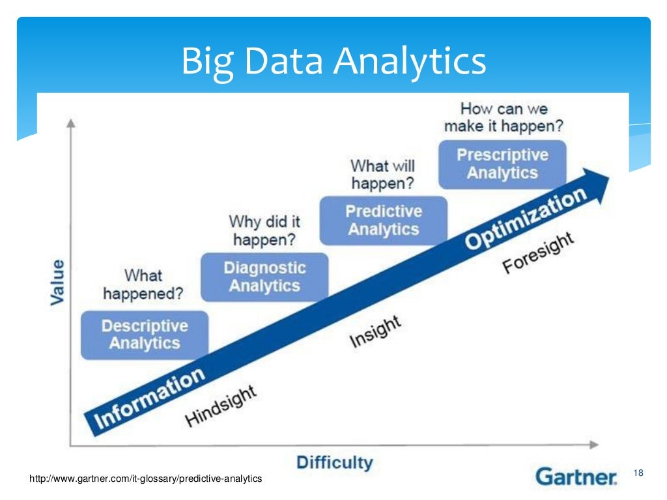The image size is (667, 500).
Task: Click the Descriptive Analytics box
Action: tap(144, 335)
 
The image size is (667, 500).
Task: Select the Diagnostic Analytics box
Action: tap(264, 277)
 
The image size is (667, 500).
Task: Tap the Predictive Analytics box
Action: tap(384, 221)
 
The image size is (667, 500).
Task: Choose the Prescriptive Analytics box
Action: tap(502, 164)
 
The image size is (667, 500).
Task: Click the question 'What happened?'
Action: tap(143, 285)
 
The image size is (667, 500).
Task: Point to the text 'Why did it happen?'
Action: tap(264, 231)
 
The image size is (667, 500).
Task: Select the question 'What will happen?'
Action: tap(382, 174)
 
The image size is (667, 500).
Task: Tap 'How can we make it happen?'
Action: tap(504, 117)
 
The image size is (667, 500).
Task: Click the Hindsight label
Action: tap(221, 406)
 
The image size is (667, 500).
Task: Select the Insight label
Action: tap(375, 332)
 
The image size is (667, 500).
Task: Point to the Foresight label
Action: tap(538, 254)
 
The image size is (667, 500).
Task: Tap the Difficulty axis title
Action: tap(335, 464)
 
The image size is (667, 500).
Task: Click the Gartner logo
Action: tap(576, 477)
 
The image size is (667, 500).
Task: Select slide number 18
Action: tap(638, 472)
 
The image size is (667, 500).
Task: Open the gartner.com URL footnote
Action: tap(146, 479)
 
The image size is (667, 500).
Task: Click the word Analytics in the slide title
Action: tap(410, 62)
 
